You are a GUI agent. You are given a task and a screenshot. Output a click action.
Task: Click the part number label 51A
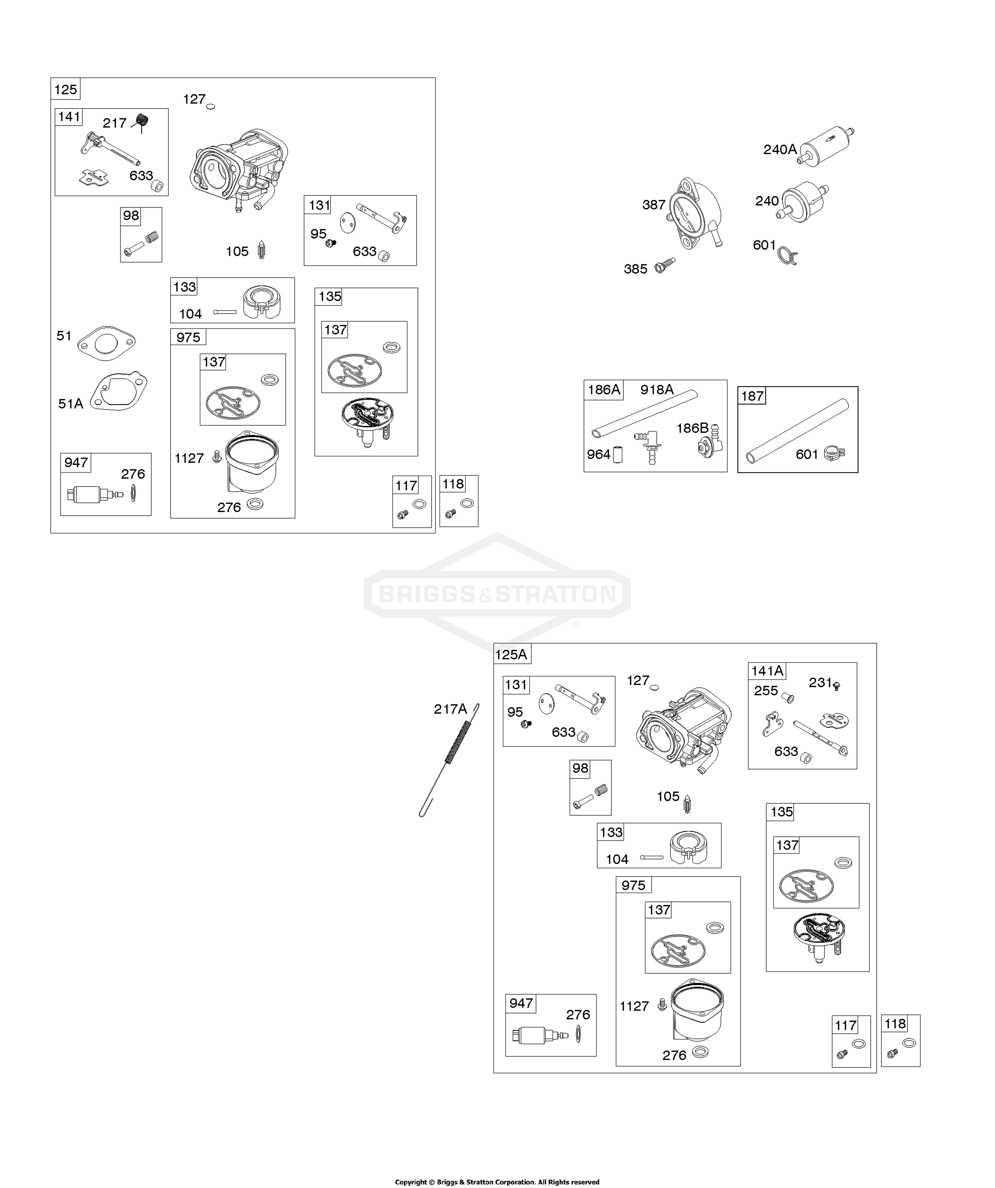(71, 403)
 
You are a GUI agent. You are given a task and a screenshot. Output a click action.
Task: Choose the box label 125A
(511, 655)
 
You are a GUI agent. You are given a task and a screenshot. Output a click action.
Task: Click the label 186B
(692, 428)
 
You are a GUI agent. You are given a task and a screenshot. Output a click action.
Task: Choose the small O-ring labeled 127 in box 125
(211, 106)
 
